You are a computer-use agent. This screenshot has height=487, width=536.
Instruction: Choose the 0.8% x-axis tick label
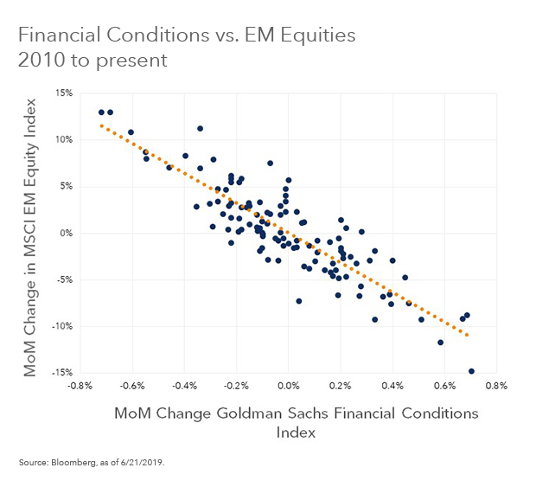pos(495,385)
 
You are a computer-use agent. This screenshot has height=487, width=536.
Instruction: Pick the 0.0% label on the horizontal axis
pos(289,385)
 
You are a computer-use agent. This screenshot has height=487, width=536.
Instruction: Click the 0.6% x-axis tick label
pos(443,385)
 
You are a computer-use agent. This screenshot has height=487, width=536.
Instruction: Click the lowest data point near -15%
pos(471,371)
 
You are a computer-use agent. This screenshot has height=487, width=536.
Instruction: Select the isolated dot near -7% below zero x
pos(299,301)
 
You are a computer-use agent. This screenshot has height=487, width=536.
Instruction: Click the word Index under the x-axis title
pos(296,433)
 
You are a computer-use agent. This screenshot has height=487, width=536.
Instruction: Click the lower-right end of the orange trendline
pos(469,335)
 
